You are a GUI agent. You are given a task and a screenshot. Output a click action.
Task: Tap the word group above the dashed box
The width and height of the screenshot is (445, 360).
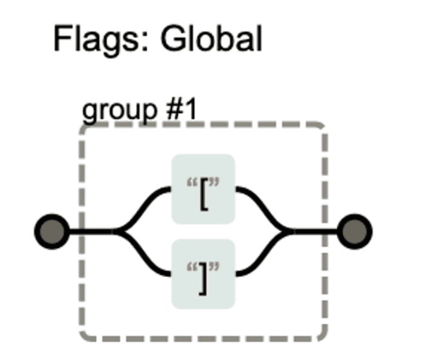[120, 111]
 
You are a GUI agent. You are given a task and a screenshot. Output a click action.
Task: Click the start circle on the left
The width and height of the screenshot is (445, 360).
[51, 231]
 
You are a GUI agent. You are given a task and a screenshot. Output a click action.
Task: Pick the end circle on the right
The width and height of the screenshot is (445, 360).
[354, 231]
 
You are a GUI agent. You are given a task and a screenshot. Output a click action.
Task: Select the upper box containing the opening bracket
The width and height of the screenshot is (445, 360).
[203, 189]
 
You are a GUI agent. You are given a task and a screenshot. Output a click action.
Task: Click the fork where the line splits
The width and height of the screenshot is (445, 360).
[116, 231]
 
